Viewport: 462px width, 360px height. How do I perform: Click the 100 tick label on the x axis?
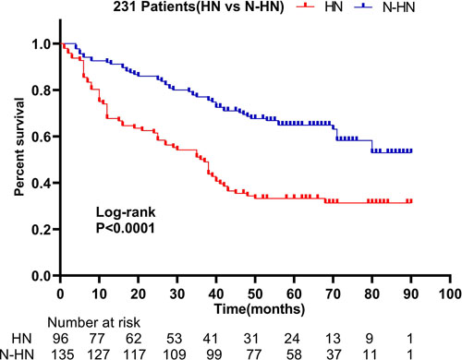448,292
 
